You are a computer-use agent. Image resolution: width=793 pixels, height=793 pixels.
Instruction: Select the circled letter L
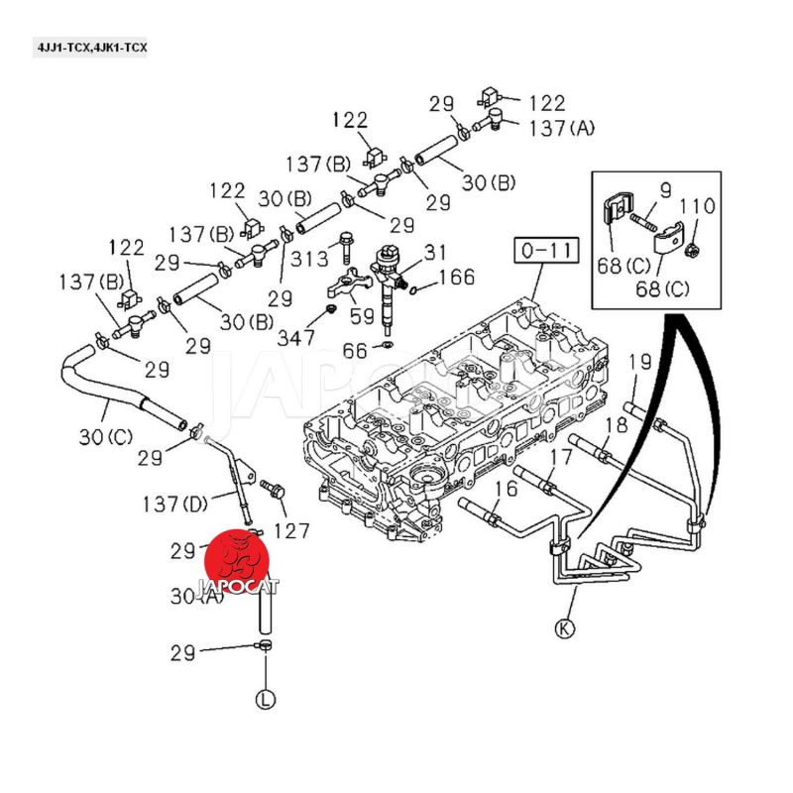[265, 699]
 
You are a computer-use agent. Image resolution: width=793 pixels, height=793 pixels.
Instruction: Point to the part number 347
[295, 337]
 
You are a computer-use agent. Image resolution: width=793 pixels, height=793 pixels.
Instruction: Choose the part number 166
[457, 278]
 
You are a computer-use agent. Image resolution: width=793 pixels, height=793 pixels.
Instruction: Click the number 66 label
[355, 350]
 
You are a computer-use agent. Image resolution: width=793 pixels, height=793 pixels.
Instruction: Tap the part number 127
[291, 530]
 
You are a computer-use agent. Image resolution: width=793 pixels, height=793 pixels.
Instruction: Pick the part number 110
[697, 207]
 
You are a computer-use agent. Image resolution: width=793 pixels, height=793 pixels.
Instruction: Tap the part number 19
[639, 362]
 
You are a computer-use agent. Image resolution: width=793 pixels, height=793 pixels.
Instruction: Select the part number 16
[506, 488]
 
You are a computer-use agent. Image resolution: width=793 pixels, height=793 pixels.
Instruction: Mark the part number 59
[362, 318]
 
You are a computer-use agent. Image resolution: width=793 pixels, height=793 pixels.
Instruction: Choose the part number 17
[560, 458]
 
